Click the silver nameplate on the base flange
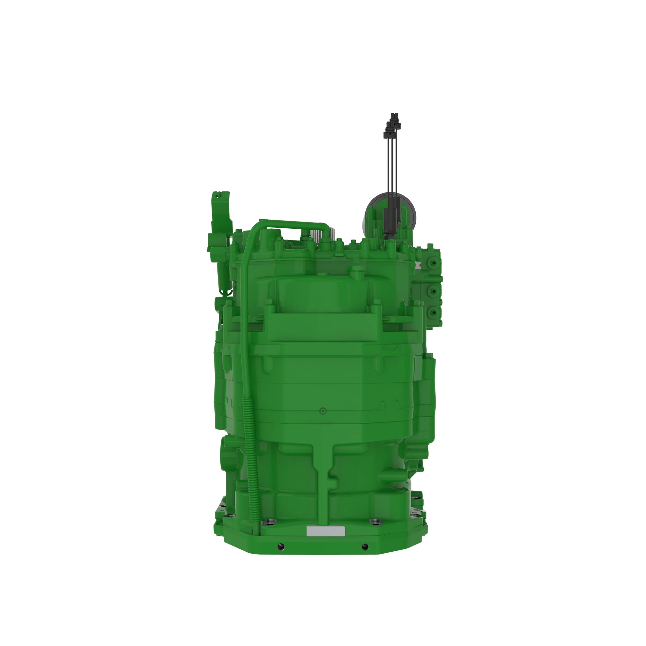(326, 531)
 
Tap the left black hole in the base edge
(280, 547)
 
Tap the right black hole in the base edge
(365, 547)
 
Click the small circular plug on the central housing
(323, 411)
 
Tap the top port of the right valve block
(434, 263)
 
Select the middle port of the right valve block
(434, 292)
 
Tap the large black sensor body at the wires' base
(390, 221)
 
